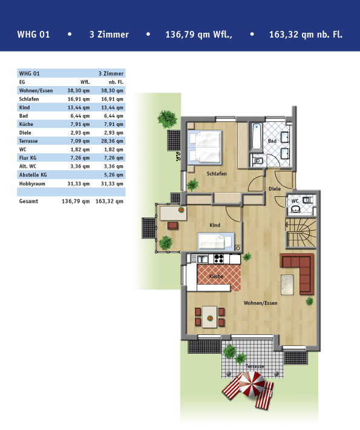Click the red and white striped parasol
[252, 384]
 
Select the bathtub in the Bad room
[257, 136]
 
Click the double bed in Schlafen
[205, 147]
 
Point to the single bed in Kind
[216, 241]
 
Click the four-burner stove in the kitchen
[218, 259]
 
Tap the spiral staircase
[301, 233]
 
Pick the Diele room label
[275, 189]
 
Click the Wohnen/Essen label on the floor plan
[261, 303]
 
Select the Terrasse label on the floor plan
[255, 366]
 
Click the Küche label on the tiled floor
[216, 276]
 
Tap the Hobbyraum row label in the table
[32, 184]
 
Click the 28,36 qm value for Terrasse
[112, 141]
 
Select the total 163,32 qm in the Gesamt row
[110, 201]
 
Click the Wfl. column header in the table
[85, 82]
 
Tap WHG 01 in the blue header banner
[33, 35]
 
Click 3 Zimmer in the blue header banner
[109, 35]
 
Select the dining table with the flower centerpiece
[210, 317]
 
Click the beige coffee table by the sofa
[287, 285]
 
